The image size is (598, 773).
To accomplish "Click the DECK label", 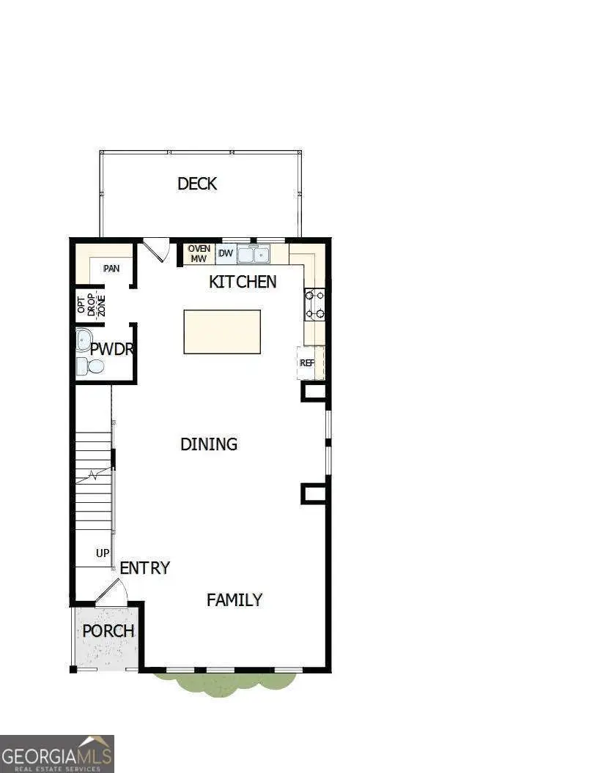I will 197,183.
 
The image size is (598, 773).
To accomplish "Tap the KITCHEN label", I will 243,282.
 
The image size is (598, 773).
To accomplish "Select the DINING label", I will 209,444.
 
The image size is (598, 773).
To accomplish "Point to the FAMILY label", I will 234,600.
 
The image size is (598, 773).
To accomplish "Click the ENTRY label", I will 144,568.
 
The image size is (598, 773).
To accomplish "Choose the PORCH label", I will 108,631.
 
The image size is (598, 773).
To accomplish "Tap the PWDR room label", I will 112,348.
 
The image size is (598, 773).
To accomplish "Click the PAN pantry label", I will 111,269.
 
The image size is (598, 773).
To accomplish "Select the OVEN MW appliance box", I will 199,254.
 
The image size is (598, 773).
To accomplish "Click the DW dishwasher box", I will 226,254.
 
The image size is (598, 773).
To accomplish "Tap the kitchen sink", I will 253,254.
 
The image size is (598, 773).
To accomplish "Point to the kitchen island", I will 221,332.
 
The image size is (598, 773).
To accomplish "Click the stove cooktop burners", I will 314,305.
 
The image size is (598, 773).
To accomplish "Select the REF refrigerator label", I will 306,362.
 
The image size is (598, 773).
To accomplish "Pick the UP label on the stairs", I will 103,553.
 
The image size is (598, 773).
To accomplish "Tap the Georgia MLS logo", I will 57,753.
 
